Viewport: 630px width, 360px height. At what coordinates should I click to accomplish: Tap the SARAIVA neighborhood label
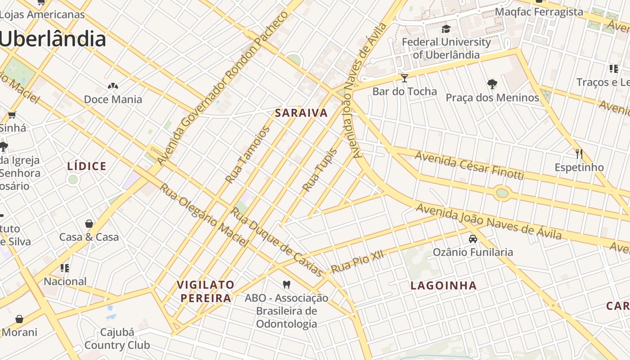tap(301, 113)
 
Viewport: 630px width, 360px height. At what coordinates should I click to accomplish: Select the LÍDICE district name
tap(87, 166)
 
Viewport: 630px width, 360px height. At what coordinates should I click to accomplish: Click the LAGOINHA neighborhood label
tap(443, 285)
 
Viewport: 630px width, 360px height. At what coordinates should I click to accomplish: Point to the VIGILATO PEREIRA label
tap(206, 291)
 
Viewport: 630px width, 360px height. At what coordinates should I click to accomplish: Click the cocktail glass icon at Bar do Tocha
tap(405, 78)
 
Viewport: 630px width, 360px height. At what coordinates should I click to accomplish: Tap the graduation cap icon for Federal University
tap(446, 29)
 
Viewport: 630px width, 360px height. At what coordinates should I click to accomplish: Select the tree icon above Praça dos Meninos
tap(492, 84)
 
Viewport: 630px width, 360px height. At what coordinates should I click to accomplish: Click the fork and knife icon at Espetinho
tap(579, 154)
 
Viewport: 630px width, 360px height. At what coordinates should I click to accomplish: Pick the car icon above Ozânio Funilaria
tap(472, 239)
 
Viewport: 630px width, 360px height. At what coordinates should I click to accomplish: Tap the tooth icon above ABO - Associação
tap(286, 284)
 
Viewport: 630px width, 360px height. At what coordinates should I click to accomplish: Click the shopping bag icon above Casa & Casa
tap(89, 224)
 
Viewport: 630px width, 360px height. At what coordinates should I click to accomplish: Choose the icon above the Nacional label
tap(65, 268)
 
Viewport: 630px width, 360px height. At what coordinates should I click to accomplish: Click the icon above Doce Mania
tap(112, 86)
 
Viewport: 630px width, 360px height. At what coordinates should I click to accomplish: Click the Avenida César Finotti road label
tap(469, 165)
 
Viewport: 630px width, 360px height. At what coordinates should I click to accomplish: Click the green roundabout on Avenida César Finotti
tap(502, 193)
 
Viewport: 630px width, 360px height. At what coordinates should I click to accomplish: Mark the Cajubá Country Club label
tap(117, 339)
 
